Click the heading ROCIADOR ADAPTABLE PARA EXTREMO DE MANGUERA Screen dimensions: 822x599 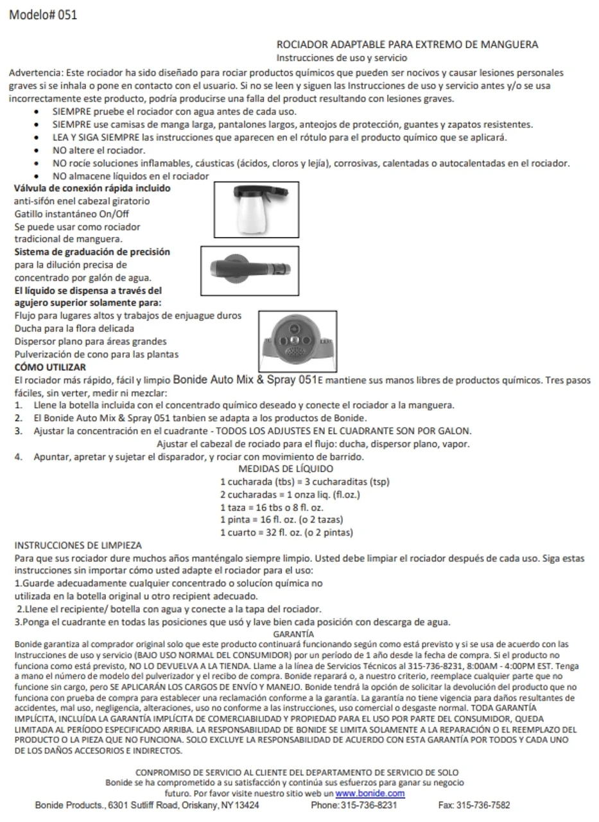pyautogui.click(x=407, y=44)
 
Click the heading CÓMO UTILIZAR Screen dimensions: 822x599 pyautogui.click(x=50, y=367)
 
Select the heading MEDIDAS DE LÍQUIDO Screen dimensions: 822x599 pyautogui.click(x=286, y=469)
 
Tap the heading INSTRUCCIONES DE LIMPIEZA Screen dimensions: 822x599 pyautogui.click(x=78, y=545)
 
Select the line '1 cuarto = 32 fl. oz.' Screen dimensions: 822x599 pyautogui.click(x=286, y=532)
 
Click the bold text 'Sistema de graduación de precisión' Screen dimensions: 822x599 pyautogui.click(x=92, y=252)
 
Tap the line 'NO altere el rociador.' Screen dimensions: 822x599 pyautogui.click(x=99, y=151)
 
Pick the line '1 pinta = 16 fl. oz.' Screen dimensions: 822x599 pyautogui.click(x=282, y=520)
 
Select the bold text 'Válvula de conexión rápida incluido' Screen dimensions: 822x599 pyautogui.click(x=92, y=189)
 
